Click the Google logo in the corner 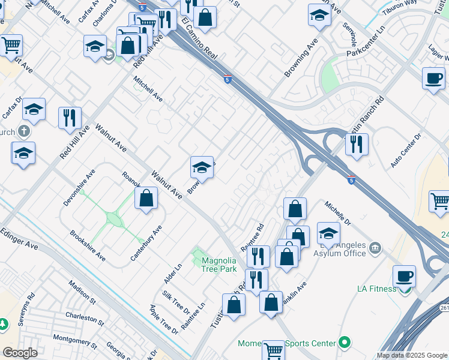click(20, 353)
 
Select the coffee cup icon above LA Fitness click(404, 277)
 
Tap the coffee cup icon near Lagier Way click(433, 79)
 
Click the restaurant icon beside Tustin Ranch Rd click(357, 144)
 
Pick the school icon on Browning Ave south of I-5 click(202, 167)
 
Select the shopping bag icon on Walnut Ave click(146, 198)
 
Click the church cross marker click(23, 131)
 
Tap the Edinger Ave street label click(19, 238)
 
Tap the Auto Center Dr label click(406, 149)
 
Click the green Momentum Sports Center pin click(344, 343)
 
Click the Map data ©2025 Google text click(412, 355)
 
